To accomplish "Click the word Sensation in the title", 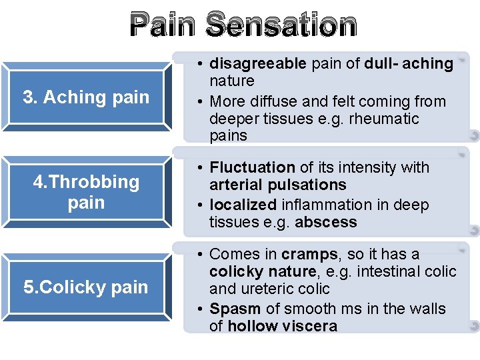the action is tap(281, 25).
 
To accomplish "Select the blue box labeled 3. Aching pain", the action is tap(86, 97).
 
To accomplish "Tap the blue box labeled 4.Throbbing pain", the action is tap(86, 192).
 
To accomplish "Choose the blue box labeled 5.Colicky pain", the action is tap(86, 287).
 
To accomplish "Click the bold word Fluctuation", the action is tap(252, 167).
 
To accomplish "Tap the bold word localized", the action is tap(242, 205).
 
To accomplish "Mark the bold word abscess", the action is tap(326, 222).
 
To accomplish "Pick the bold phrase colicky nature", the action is tap(263, 271).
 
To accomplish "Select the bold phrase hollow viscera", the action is tap(282, 326).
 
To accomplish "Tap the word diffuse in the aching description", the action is tap(279, 101).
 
